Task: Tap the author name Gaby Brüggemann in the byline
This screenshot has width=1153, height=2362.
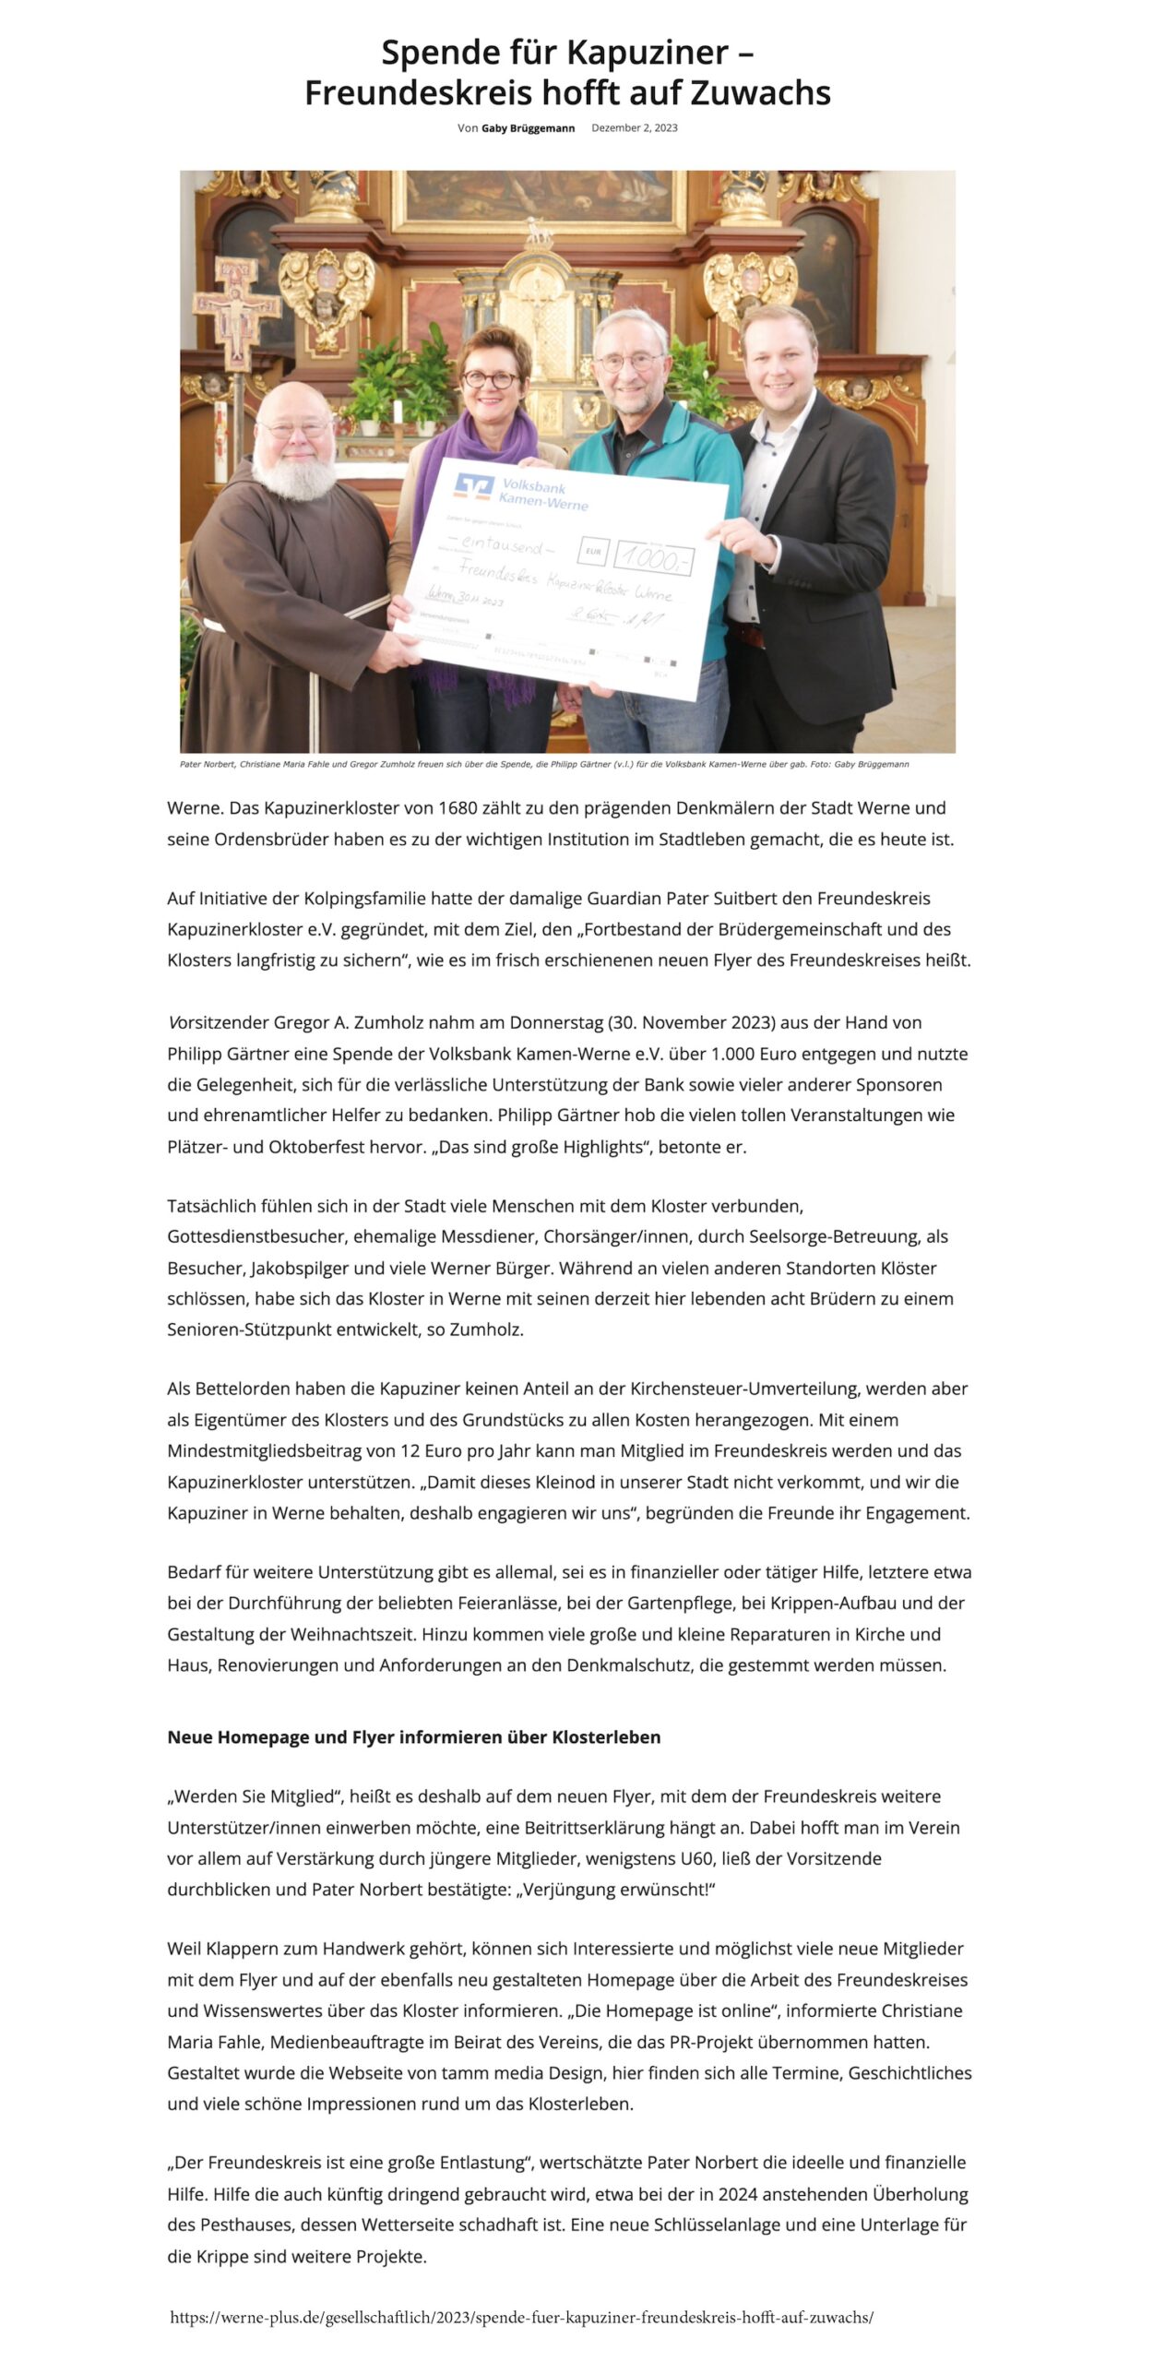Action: coord(528,128)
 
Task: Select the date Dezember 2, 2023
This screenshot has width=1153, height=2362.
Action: coord(634,128)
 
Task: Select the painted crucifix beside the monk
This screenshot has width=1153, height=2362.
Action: coord(237,314)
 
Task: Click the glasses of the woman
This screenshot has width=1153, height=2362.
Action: coord(489,379)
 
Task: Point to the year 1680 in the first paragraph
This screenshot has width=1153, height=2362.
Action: coord(458,808)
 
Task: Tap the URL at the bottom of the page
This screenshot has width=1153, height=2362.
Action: coord(521,2317)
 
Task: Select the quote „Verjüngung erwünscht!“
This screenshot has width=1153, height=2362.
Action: coord(615,1889)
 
